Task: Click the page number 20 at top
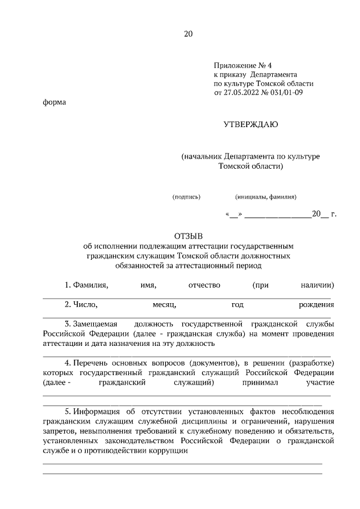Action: [188, 34]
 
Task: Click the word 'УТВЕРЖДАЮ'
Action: [251, 124]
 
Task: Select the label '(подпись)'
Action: [186, 197]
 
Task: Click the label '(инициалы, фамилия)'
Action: [266, 197]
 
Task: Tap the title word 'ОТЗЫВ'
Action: [188, 236]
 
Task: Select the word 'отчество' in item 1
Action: [205, 285]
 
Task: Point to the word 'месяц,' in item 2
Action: [164, 305]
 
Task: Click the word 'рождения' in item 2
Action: [317, 305]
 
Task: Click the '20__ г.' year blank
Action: [323, 214]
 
